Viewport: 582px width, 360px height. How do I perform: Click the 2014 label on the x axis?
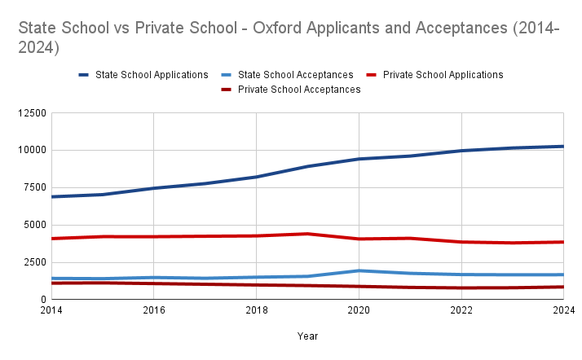51,310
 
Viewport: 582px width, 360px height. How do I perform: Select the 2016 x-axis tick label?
154,310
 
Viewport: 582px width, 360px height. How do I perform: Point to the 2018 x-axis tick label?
256,310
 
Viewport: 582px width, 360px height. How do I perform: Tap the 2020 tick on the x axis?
359,310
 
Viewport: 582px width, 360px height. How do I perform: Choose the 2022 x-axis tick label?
461,310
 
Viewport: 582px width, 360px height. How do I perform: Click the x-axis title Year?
307,336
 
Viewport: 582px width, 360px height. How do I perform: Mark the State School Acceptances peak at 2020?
359,270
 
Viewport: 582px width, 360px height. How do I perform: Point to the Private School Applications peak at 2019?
307,234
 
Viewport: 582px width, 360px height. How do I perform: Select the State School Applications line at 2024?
562,147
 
